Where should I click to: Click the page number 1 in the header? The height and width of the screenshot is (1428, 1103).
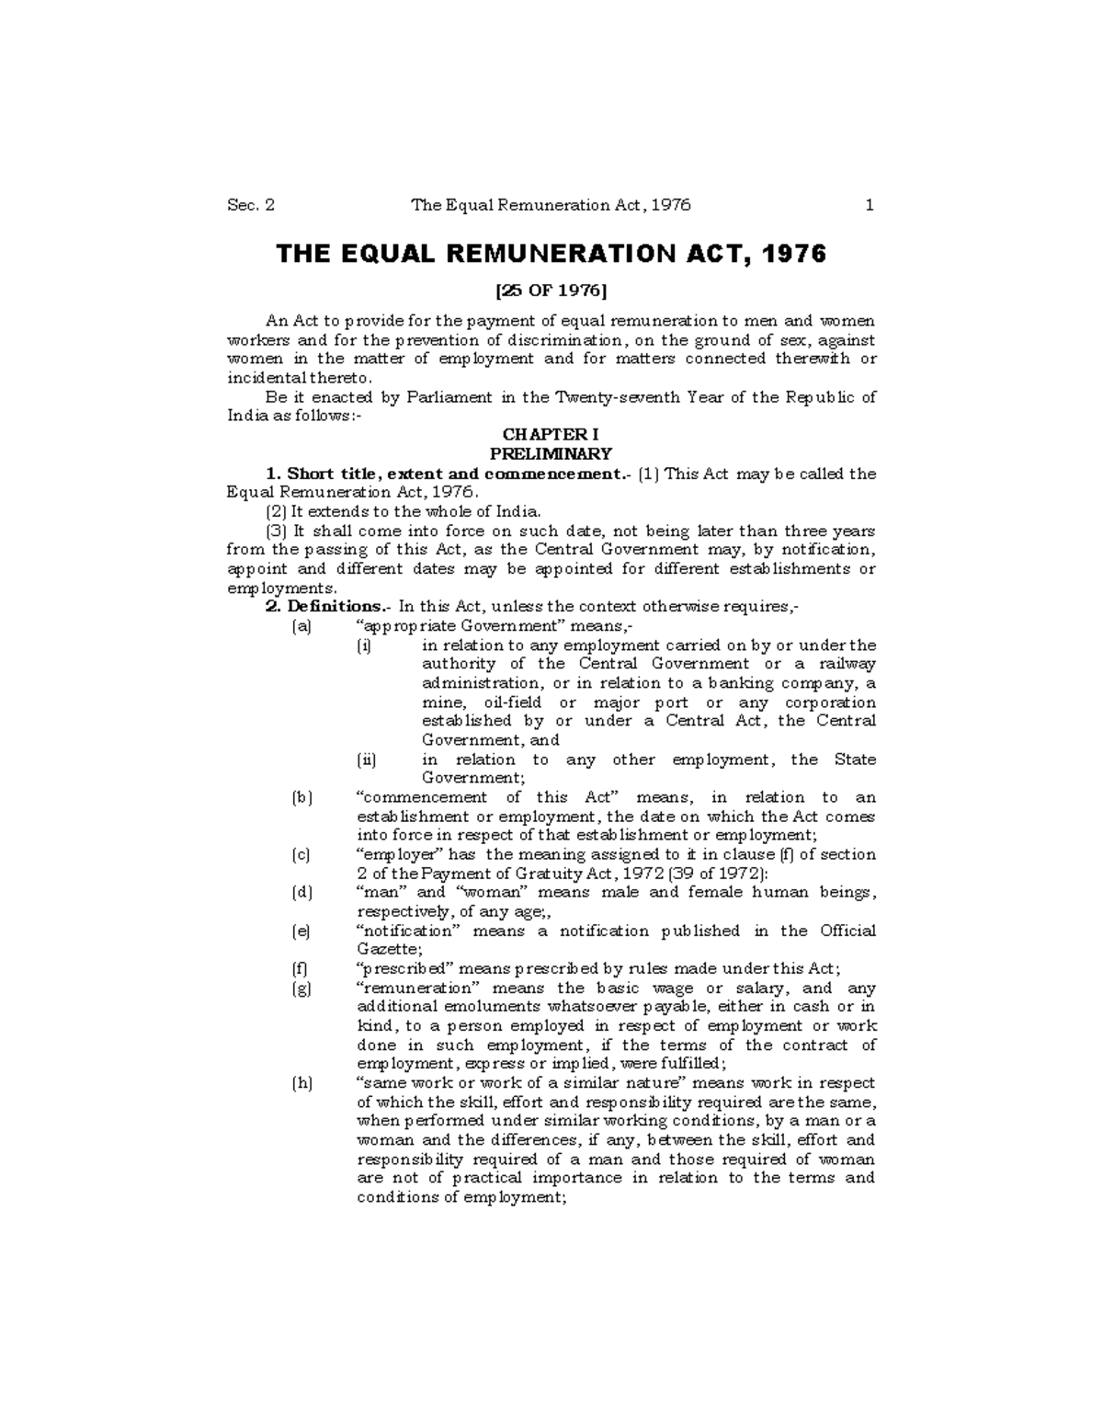click(869, 205)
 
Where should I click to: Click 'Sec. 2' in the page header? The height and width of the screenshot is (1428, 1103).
click(250, 205)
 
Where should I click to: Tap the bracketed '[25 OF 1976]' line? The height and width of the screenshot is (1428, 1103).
click(551, 291)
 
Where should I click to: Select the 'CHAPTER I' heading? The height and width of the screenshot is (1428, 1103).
click(551, 435)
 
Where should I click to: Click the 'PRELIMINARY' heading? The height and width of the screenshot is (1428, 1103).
click(551, 454)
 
